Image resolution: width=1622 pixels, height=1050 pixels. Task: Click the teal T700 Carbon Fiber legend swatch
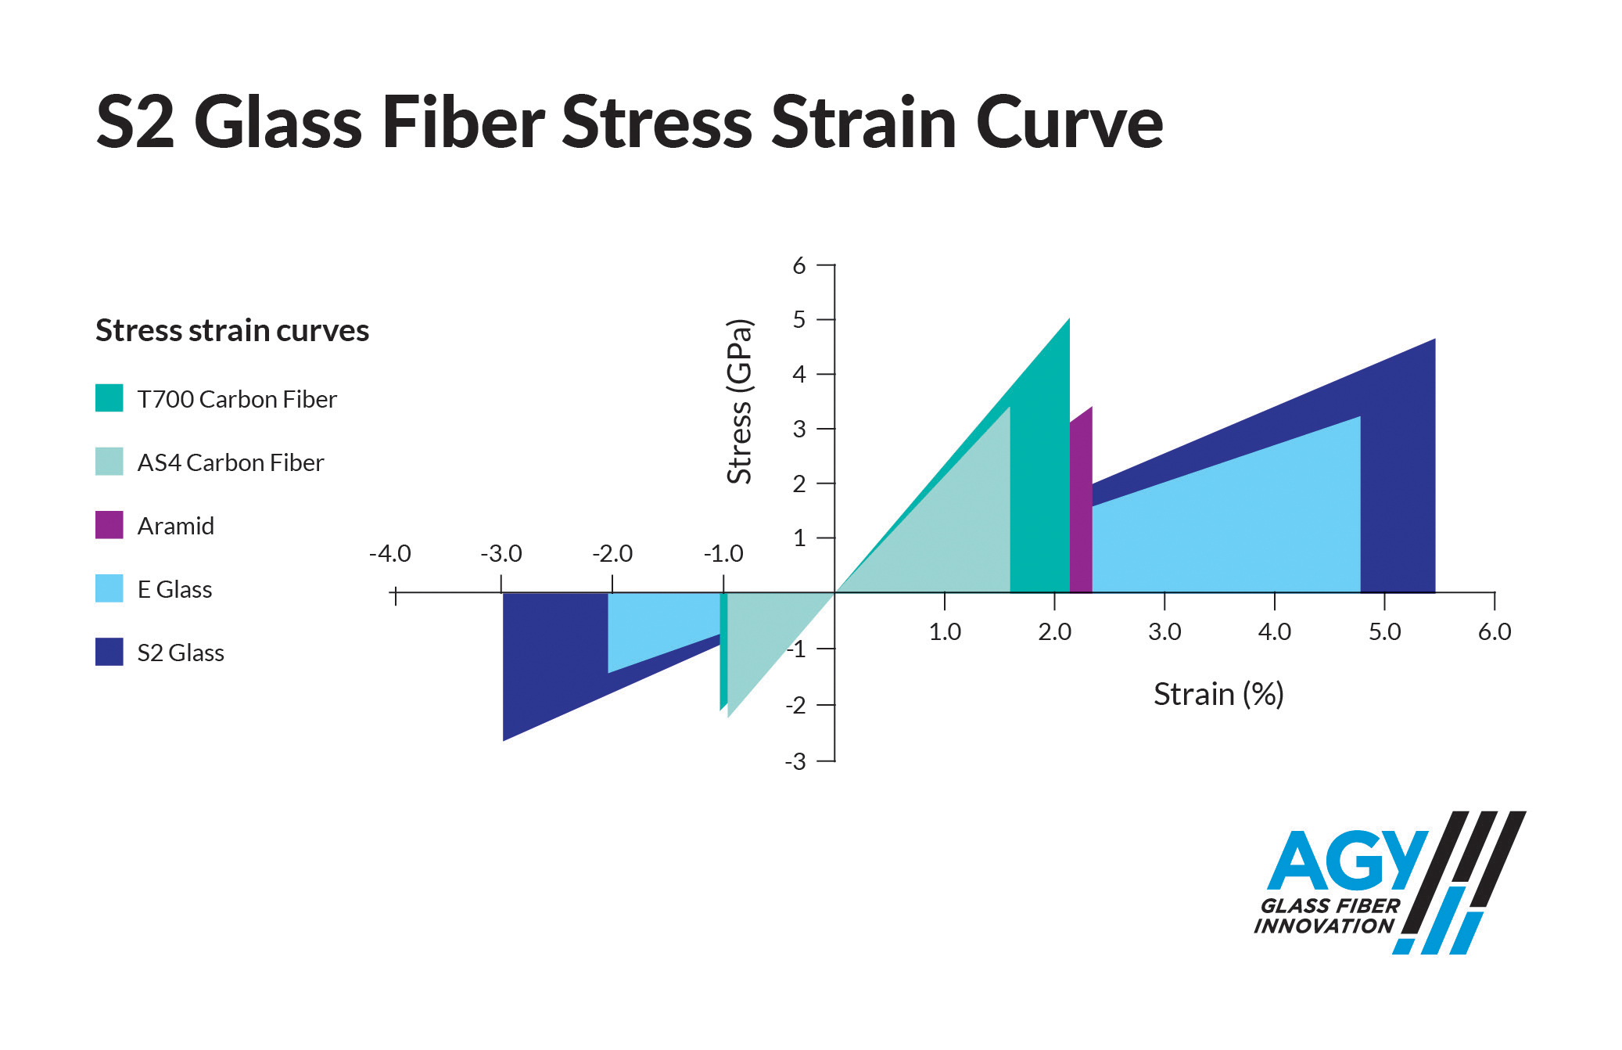[109, 397]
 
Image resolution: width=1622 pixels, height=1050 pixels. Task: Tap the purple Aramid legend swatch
[109, 524]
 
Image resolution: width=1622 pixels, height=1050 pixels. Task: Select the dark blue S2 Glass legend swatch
[109, 651]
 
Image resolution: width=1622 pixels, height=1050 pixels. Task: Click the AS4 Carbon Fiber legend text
[230, 462]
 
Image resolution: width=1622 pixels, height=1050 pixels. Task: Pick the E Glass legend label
[174, 589]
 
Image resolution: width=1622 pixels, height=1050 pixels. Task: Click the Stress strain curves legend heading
[232, 330]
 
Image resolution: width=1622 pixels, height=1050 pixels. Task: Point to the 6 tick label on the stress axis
[798, 266]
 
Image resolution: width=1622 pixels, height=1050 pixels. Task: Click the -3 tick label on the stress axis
[795, 761]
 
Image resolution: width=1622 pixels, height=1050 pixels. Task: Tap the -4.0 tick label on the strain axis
[389, 553]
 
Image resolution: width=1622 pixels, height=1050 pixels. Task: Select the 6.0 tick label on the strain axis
[1495, 631]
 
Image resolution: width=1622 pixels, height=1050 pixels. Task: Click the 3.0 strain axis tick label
[1164, 631]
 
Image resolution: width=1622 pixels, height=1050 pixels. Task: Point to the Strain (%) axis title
[1218, 694]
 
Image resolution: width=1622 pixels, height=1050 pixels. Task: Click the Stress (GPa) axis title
[739, 401]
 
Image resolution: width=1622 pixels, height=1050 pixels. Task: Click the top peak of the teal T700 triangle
[1069, 318]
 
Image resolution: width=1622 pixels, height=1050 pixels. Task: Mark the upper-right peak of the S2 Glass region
[1435, 339]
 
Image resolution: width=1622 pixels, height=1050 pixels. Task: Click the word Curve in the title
[1069, 122]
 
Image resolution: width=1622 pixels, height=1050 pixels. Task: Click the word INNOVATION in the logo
[1324, 926]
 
